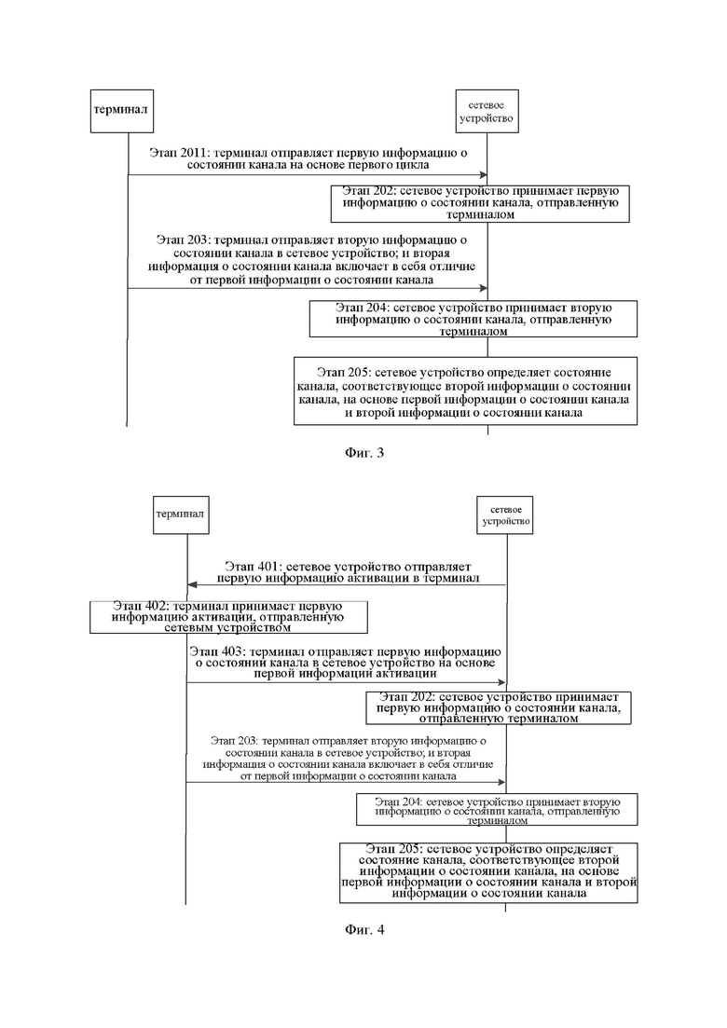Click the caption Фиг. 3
pos(363,453)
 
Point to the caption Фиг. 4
pos(363,929)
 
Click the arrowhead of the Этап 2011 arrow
pos(484,175)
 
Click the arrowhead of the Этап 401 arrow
pos(192,584)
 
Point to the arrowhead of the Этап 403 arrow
pos(501,682)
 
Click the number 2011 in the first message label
pos(193,153)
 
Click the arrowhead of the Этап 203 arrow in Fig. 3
pos(484,288)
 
